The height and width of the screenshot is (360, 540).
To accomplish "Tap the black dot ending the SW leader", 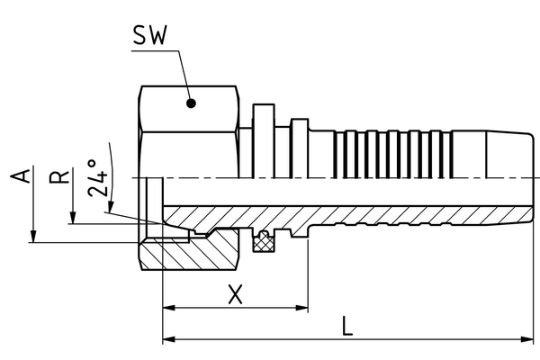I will [191, 103].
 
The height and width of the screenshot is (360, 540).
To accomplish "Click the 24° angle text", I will [102, 177].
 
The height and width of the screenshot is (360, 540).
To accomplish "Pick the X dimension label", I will [236, 293].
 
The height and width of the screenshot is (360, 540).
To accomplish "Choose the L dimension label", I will [347, 326].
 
